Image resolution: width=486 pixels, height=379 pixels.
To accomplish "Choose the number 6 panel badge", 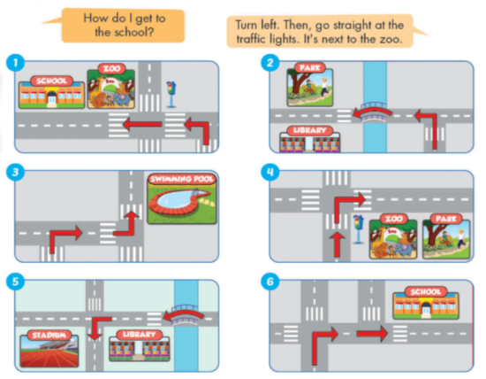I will [x=271, y=282].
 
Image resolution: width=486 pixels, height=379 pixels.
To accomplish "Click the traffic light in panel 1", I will [x=171, y=92].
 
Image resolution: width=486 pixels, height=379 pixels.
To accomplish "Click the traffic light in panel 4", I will [x=359, y=227].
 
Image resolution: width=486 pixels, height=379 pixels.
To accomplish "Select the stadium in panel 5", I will [x=50, y=350].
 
